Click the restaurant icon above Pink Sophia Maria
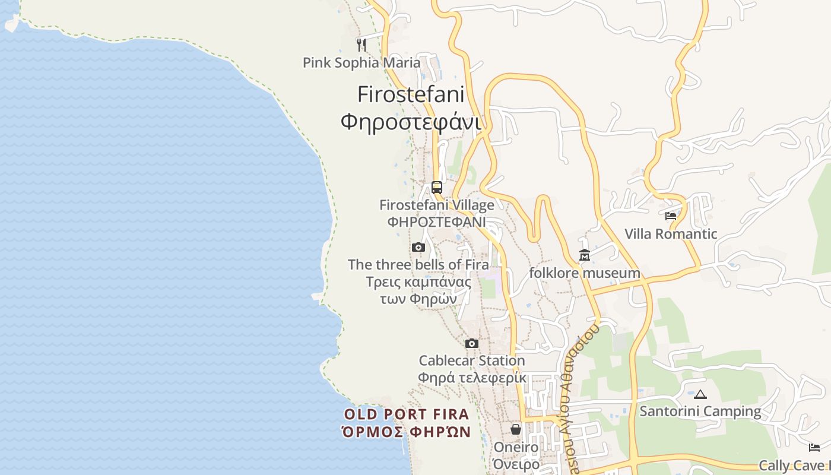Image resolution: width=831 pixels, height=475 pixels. tap(361, 44)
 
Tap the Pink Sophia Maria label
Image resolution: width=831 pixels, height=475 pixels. tap(361, 62)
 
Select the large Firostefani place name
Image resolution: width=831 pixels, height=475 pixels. tap(411, 94)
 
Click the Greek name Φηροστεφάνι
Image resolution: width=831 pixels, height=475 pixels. tap(411, 122)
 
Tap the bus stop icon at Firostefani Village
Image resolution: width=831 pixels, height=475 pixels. tap(437, 188)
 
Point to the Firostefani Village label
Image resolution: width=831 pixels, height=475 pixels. tap(437, 205)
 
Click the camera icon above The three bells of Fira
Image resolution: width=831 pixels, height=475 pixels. tap(418, 247)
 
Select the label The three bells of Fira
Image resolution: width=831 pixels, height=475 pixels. tap(418, 264)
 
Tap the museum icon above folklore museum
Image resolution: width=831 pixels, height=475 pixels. tap(585, 255)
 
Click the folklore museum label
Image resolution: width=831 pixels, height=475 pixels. tap(585, 273)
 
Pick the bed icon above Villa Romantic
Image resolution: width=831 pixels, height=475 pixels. tap(671, 216)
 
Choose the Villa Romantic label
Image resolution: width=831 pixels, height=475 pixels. tap(671, 234)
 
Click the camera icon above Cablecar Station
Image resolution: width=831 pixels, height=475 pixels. tap(472, 343)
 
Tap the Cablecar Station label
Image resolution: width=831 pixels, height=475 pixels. tap(472, 360)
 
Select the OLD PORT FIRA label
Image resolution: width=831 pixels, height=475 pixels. tap(407, 414)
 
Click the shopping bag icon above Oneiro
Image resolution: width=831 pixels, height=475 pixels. tap(516, 429)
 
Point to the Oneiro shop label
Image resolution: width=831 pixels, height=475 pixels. tap(516, 447)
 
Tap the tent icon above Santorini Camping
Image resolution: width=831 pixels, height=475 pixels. tap(700, 394)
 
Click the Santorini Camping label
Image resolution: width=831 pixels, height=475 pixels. tap(700, 411)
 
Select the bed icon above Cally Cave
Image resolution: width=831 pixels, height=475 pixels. tap(814, 447)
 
